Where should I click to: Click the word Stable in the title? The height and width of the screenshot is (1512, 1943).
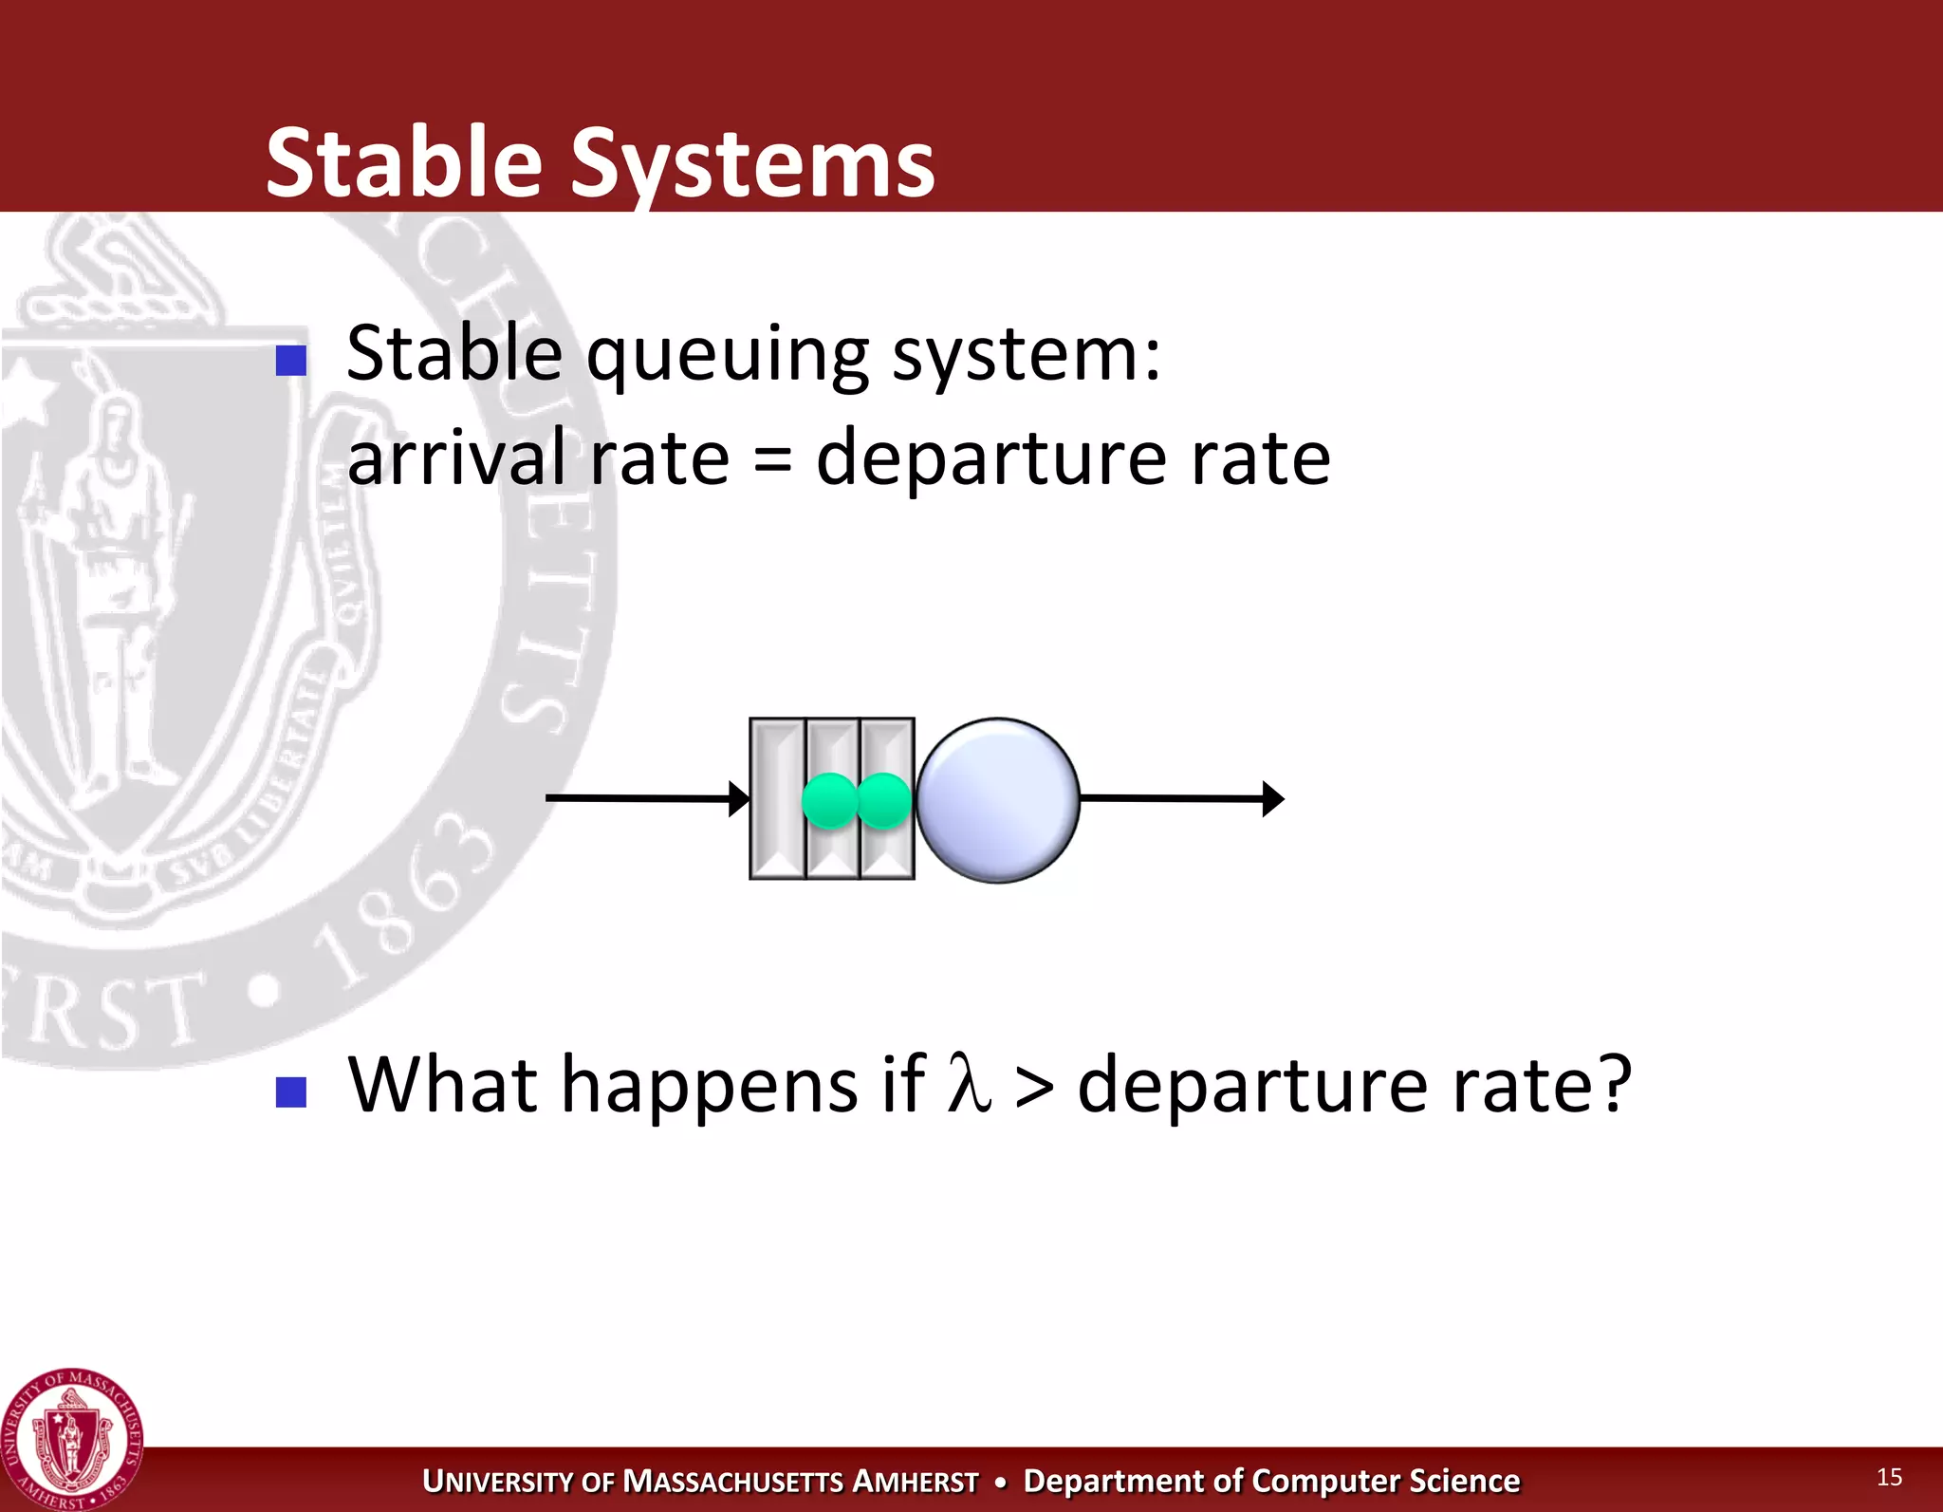click(403, 163)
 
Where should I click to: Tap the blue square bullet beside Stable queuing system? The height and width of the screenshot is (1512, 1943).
click(290, 361)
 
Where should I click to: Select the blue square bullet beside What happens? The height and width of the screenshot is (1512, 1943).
click(290, 1092)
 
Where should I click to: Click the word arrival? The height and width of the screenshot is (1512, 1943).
click(456, 457)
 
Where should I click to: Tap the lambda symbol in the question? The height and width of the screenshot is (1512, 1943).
click(969, 1084)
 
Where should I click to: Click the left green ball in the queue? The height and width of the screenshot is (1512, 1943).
click(830, 800)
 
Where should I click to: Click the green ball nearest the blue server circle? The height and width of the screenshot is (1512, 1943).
click(884, 800)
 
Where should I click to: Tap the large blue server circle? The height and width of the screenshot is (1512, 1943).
click(997, 800)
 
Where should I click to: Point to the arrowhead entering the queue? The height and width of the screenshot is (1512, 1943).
click(739, 799)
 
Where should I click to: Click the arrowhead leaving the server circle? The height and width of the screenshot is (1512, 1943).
click(1273, 799)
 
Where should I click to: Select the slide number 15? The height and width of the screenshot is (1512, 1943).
click(1888, 1477)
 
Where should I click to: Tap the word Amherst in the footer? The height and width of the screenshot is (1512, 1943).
click(915, 1482)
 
